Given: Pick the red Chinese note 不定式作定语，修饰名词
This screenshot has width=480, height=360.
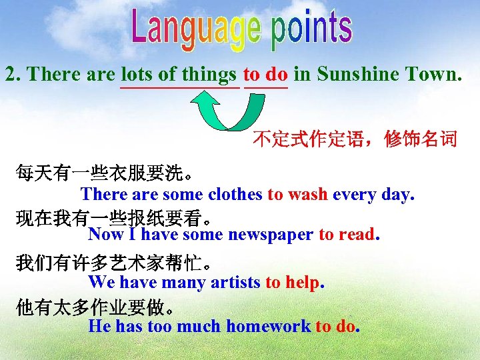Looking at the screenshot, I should click(x=355, y=139).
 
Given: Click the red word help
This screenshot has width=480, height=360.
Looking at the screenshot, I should click(x=303, y=282).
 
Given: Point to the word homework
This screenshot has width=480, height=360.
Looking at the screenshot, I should click(x=268, y=326).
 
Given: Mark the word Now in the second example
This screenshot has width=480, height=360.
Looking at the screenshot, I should click(x=105, y=234).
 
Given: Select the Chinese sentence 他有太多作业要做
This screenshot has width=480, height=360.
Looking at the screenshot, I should click(x=96, y=308).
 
